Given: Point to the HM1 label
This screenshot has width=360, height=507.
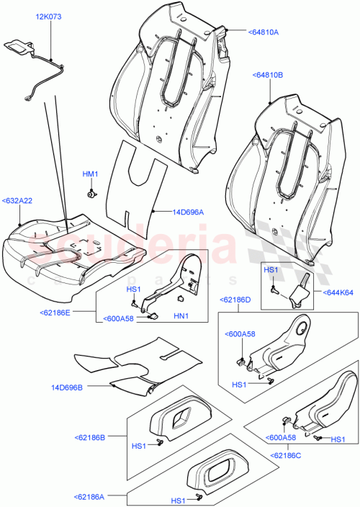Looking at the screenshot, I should coord(90,175).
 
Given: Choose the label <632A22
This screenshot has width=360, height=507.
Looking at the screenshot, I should coord(18,202).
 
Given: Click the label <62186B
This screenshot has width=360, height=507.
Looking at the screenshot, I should coord(89,436).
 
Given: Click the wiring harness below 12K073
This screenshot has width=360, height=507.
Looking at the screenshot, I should coord(43,72).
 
